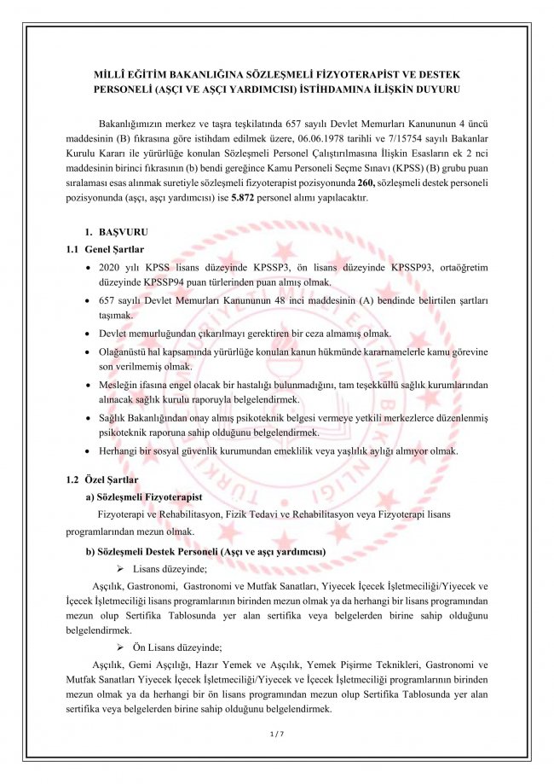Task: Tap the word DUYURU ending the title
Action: click(x=438, y=89)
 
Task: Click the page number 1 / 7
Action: click(x=275, y=733)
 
